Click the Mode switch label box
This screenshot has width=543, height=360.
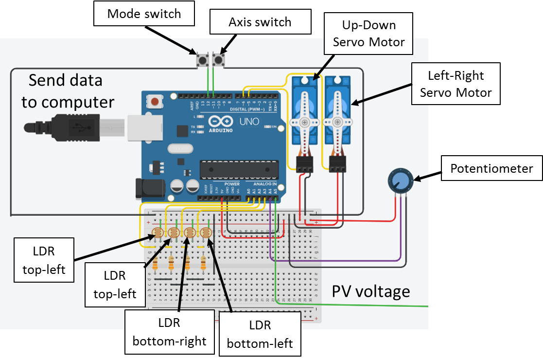(x=144, y=14)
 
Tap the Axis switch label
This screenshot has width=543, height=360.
(x=260, y=22)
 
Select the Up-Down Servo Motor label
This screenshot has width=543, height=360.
(x=369, y=34)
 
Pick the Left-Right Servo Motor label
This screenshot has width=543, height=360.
(x=455, y=84)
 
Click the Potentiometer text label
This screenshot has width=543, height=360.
(x=491, y=168)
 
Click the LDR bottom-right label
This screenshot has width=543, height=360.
(x=169, y=332)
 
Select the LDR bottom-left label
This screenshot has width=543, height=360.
(x=260, y=335)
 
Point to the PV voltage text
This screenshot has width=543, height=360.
(x=371, y=291)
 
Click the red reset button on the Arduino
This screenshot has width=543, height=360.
(x=155, y=102)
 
